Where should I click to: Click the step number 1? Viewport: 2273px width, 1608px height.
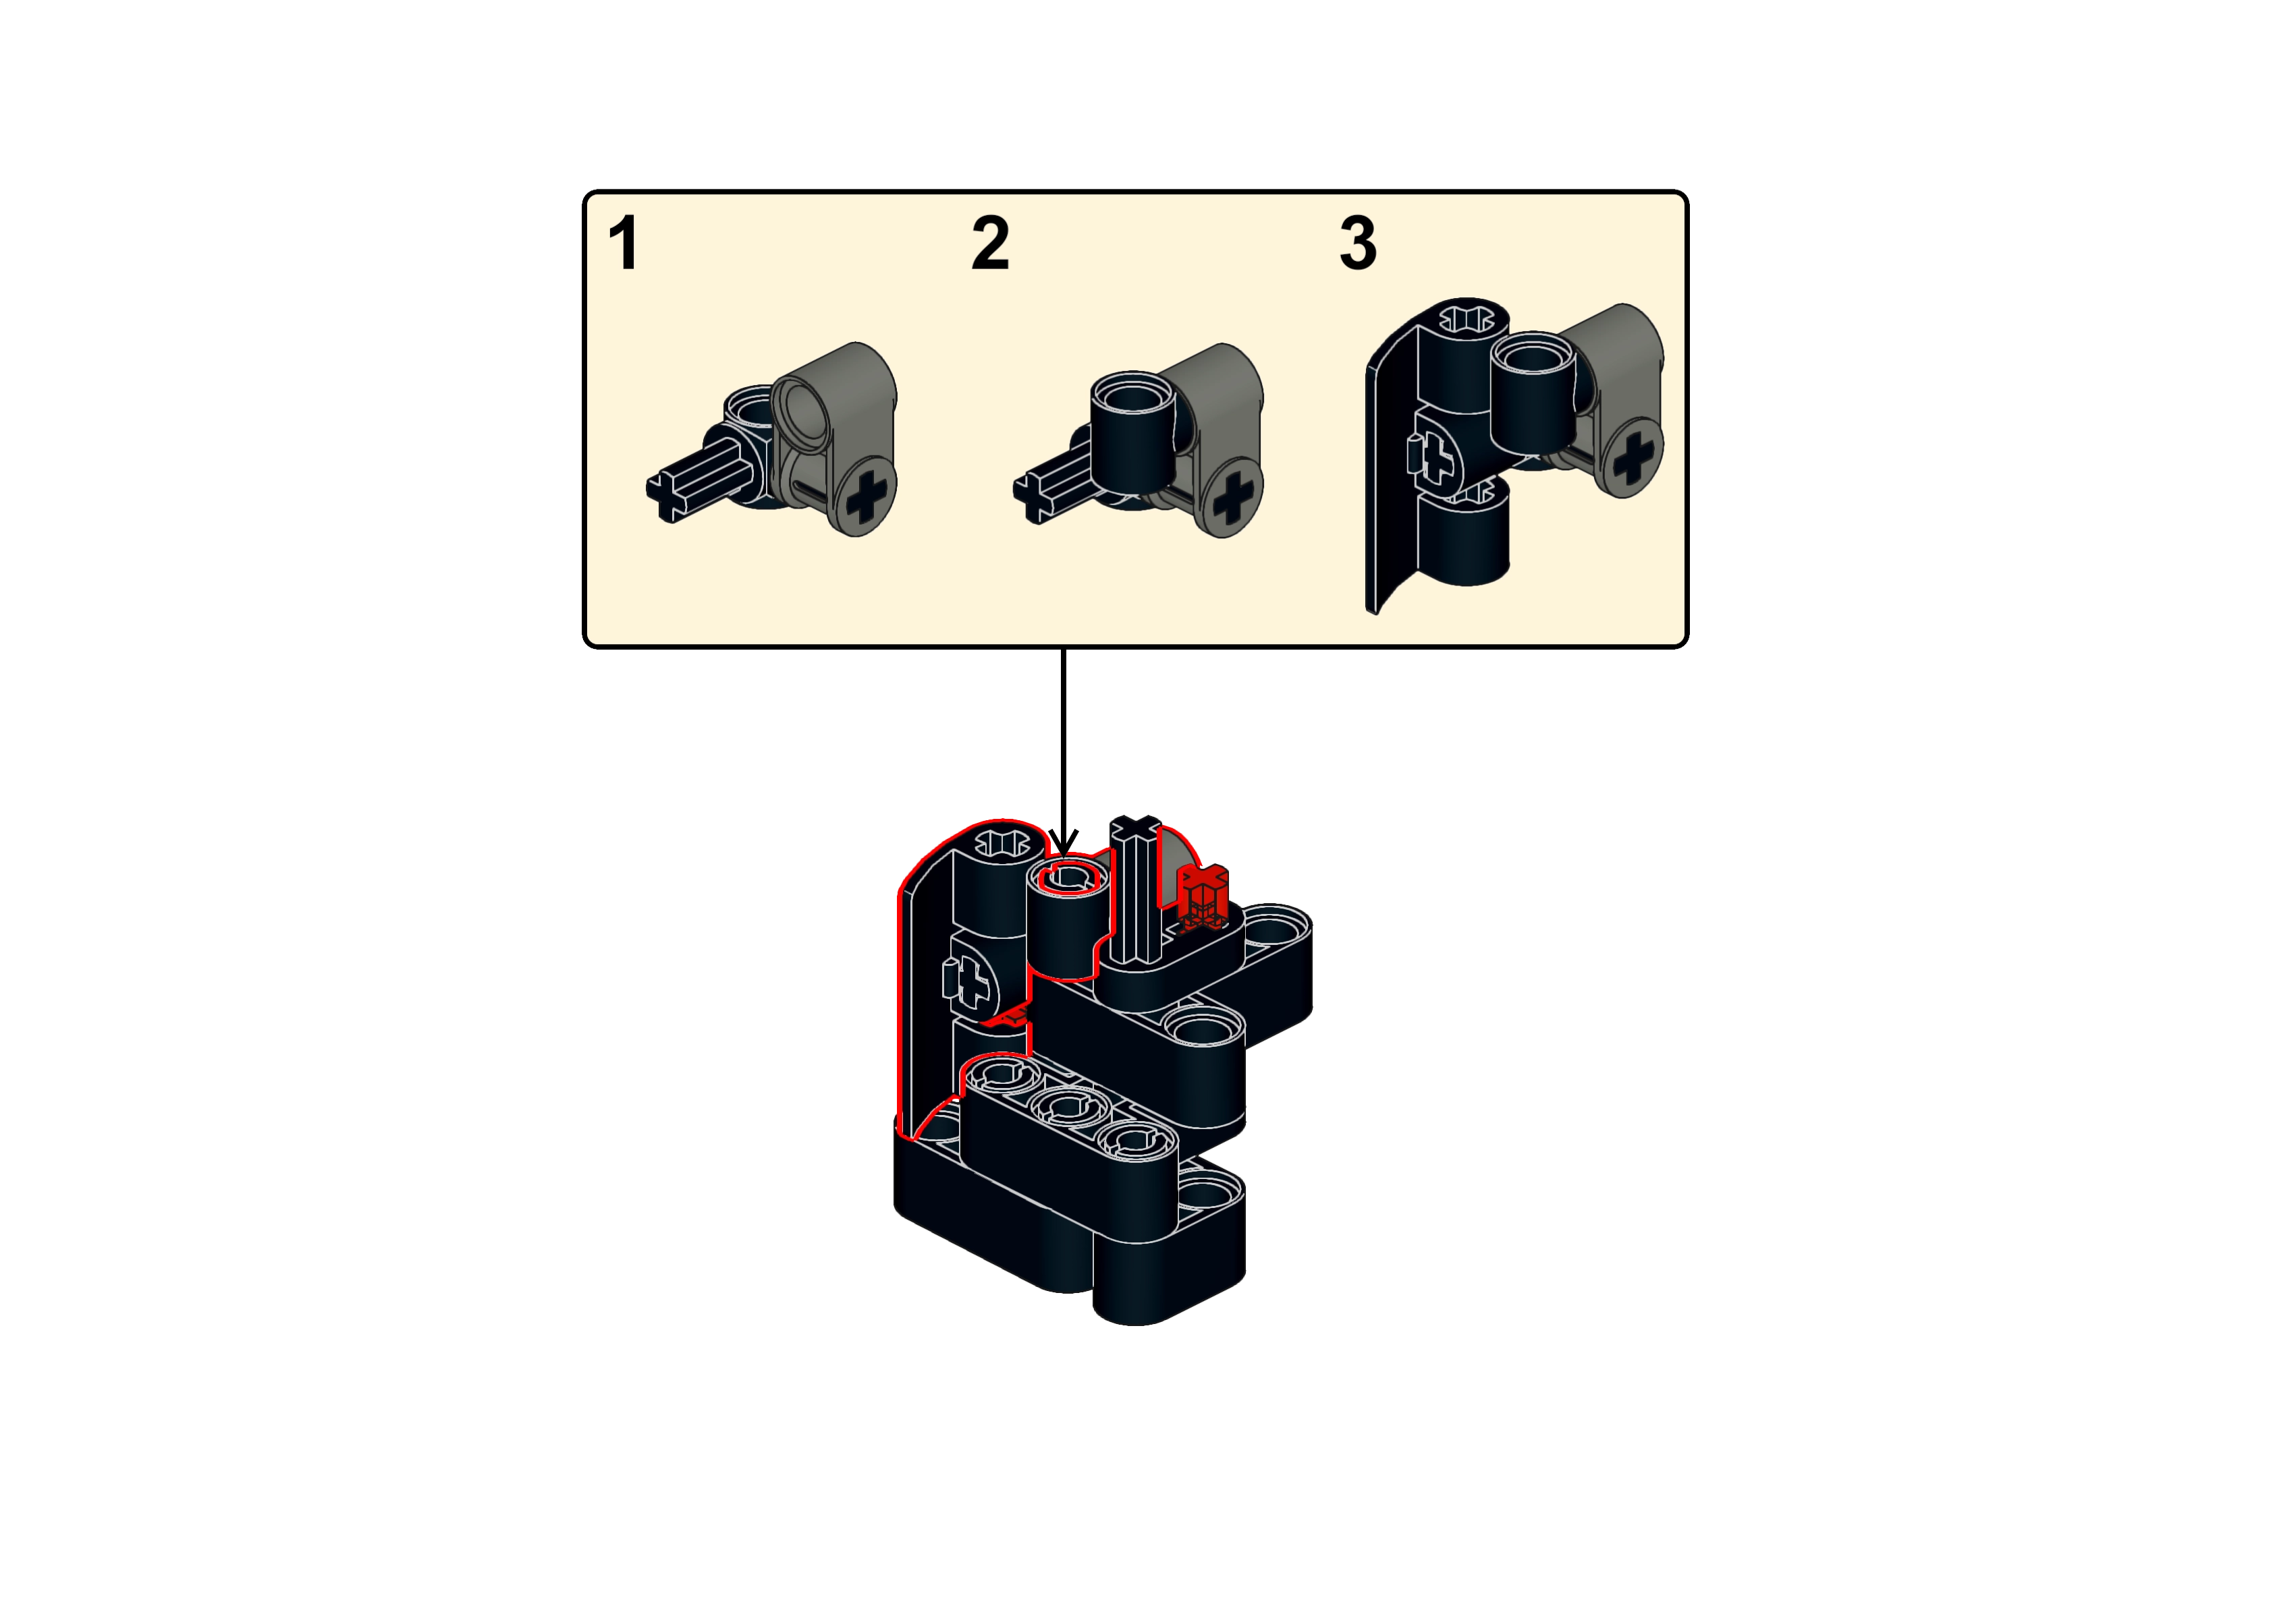(623, 243)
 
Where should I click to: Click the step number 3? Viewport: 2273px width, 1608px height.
(1358, 243)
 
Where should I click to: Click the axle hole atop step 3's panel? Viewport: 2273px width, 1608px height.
(1466, 319)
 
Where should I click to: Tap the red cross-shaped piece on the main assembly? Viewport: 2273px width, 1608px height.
(1203, 896)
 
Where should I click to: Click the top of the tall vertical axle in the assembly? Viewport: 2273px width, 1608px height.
(1135, 827)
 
